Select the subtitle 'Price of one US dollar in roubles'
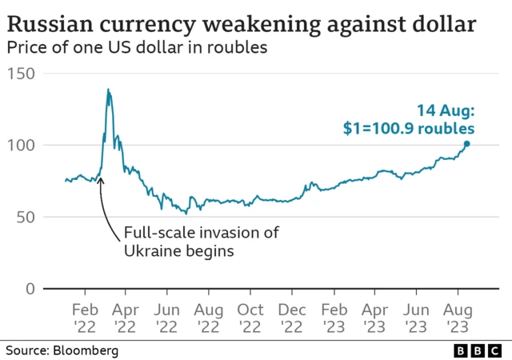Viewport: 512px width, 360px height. coord(136,48)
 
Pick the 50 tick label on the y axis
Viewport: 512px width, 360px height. coord(25,217)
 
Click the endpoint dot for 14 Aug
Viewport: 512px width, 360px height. coord(467,144)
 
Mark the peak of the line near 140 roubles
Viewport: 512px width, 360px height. coord(108,90)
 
